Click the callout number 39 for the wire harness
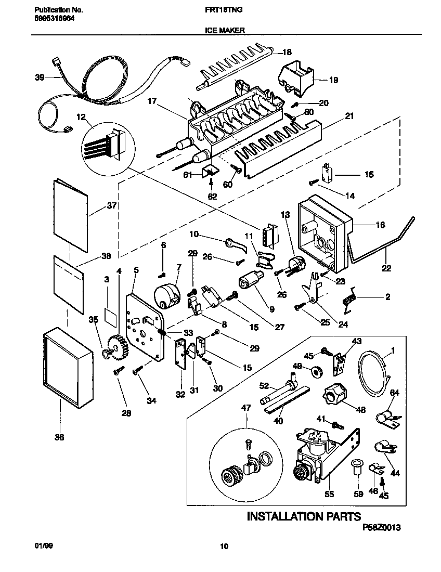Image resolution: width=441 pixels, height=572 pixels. point(40,77)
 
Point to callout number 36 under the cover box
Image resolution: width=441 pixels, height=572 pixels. point(59,437)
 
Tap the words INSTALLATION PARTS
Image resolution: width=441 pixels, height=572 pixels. point(303,516)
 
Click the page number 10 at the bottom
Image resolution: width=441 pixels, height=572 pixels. point(224,546)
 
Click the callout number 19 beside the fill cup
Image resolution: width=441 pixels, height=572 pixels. point(333,80)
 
